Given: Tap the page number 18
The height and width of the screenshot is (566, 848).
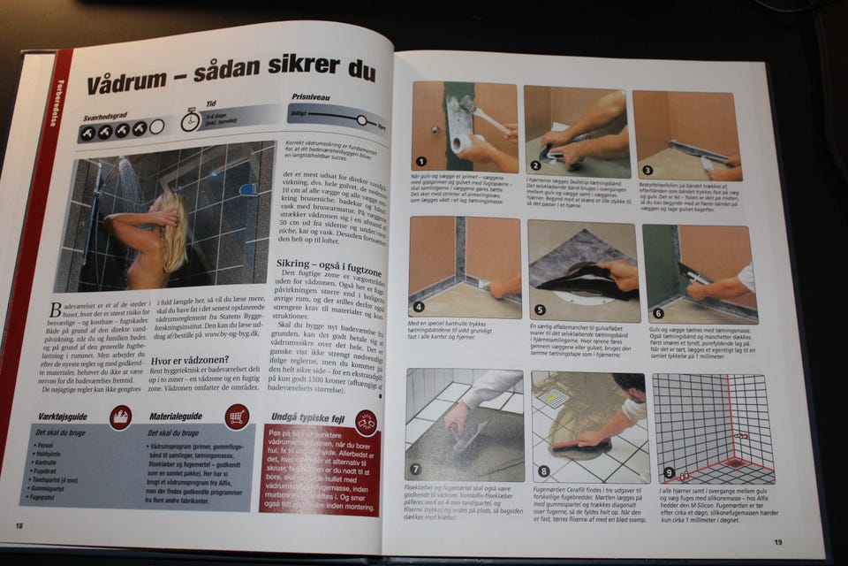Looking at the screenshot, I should coord(19,525).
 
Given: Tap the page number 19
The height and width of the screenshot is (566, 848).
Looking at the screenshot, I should coord(777,542).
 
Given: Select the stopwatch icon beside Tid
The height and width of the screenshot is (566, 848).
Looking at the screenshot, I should coord(190,120).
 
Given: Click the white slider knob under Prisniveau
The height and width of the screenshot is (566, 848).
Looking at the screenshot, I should coord(361,119).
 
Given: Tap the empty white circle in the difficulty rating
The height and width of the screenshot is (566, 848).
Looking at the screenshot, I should coord(157,127).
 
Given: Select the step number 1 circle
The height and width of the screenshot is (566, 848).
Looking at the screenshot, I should coord(421,162).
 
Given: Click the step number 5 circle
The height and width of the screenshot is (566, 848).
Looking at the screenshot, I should coord(540,309).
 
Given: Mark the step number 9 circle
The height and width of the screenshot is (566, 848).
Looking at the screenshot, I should coord(669,473).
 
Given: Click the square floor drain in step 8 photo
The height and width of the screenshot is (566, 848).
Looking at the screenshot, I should coord(554,397).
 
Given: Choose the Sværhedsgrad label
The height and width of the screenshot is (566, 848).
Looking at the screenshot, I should coord(107,116).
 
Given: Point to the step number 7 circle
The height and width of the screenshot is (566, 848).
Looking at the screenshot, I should coord(416,468).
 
